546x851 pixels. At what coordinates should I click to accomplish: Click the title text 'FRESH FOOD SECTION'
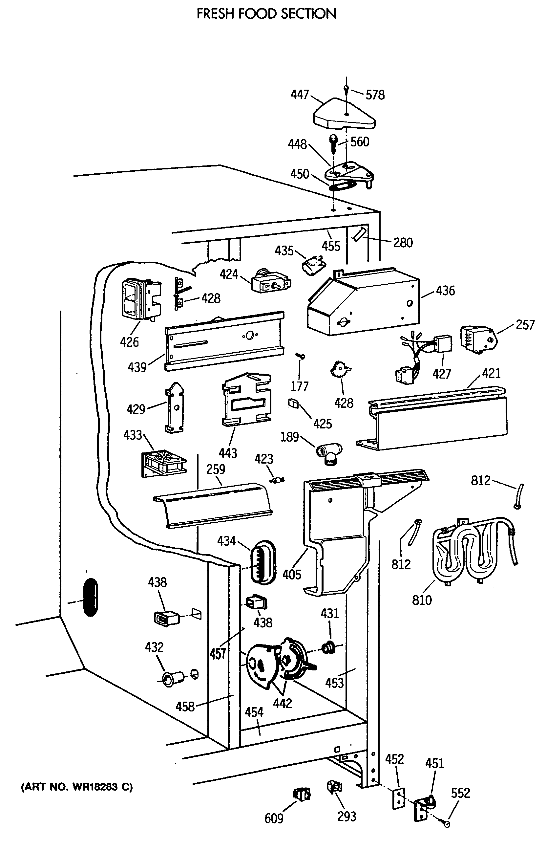tap(266, 14)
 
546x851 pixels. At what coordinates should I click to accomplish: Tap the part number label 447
tap(300, 94)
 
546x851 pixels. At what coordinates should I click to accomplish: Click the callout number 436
tap(445, 291)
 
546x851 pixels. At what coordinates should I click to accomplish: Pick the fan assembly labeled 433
tap(164, 463)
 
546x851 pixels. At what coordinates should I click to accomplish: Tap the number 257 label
tap(525, 325)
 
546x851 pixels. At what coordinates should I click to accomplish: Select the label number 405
tap(292, 574)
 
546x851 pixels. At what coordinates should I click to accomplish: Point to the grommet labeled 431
tap(329, 648)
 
